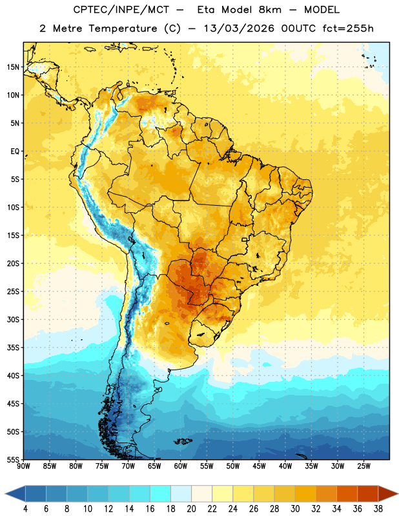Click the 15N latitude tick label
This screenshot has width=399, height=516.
coord(13,67)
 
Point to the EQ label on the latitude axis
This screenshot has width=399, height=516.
coord(15,152)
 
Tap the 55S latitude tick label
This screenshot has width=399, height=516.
coord(13,459)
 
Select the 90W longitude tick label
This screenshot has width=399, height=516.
coord(23,466)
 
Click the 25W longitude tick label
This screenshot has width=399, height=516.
coord(363,466)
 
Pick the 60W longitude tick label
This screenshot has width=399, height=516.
coord(181,466)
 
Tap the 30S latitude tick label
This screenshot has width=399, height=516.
coord(13,319)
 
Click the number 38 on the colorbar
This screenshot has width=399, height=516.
coord(378,509)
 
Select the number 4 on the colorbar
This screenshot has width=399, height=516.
coord(25,509)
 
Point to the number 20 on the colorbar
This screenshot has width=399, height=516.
coord(191,509)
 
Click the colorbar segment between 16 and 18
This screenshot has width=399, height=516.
coord(161,494)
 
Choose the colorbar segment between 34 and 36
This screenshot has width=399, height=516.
coord(347,494)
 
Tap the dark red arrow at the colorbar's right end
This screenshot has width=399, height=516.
coord(387,494)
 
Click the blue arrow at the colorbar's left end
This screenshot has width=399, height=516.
coord(15,494)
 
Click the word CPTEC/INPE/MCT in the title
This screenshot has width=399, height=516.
coord(121,10)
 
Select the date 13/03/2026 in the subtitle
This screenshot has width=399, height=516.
coord(239,28)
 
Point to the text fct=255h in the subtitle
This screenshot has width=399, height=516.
coord(348,28)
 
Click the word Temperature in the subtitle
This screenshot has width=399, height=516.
coord(123,28)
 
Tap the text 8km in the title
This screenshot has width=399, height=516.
coord(270,10)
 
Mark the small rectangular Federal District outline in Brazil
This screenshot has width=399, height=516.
coord(245,240)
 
